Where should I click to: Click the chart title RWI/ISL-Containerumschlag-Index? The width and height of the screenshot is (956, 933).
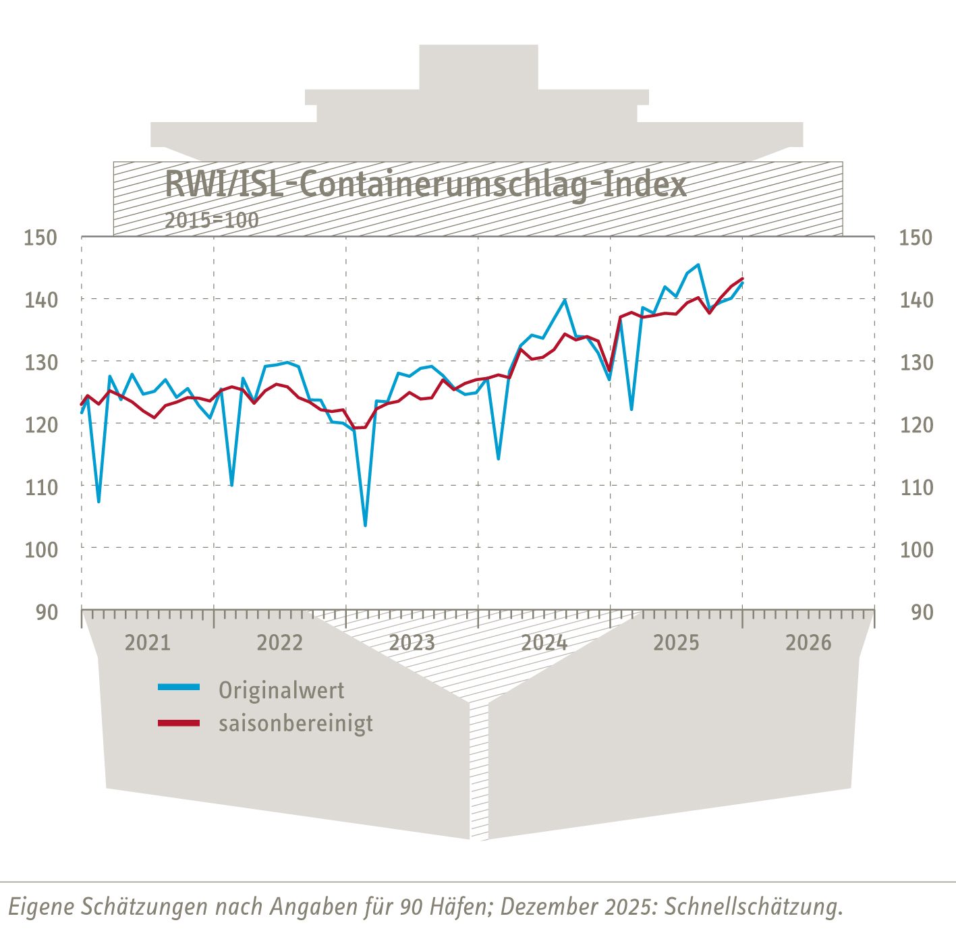pos(426,184)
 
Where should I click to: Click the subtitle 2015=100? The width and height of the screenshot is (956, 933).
pos(212,221)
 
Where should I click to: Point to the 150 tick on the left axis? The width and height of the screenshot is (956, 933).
pos(41,237)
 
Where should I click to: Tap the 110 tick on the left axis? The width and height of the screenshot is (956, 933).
pos(41,486)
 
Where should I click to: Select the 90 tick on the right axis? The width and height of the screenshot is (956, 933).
pos(922,613)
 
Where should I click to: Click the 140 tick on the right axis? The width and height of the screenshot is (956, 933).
pos(916,300)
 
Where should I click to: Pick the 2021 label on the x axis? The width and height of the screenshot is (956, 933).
pos(148,642)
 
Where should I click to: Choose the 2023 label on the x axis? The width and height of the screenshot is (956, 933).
pos(412,642)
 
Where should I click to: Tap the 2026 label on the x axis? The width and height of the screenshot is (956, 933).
pos(808,642)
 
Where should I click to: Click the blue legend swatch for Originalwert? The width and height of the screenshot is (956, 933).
pos(179,687)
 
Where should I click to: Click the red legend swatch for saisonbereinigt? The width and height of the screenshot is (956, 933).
pos(179,723)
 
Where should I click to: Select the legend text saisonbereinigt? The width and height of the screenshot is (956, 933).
pos(296,723)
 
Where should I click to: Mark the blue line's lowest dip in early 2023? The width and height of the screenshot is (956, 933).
pos(365,525)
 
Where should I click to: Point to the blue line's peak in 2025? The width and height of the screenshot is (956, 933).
pos(698,265)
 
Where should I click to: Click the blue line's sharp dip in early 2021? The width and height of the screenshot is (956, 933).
pos(99,501)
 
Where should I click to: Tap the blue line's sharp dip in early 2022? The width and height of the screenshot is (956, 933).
pos(231,484)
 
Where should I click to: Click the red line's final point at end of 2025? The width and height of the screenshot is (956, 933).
pos(742,279)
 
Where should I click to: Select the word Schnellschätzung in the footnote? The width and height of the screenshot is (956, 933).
pos(754,906)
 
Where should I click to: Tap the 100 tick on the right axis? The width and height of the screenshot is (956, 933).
pos(916,550)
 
